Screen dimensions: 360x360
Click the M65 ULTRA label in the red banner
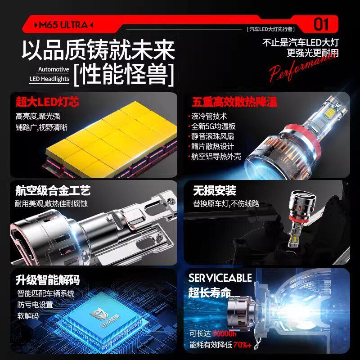(63, 25)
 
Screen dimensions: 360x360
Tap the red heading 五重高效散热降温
(228, 102)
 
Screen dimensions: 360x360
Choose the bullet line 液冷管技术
(209, 117)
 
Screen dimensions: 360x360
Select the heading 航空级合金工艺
(53, 190)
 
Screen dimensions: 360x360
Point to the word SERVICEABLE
(220, 278)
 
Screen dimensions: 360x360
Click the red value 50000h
(225, 334)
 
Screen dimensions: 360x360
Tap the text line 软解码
(28, 316)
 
